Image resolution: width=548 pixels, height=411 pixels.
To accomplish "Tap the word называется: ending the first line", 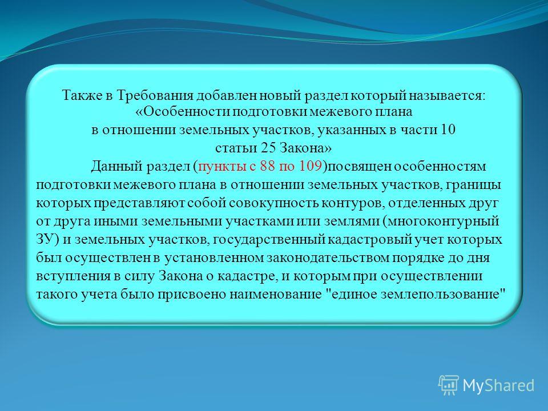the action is [448, 96].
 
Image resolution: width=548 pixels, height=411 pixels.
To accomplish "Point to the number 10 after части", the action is [448, 130].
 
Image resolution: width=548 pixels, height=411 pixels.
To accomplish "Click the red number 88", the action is [267, 166].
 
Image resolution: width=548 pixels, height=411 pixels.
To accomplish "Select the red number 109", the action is [310, 166].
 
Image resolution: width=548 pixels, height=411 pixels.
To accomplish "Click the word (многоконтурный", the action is [441, 221].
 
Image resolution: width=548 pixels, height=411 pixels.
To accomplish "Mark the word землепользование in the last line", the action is [440, 295].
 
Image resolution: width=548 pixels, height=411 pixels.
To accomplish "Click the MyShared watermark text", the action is [498, 385].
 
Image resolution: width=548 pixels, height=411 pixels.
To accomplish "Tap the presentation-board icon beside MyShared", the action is [449, 385].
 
